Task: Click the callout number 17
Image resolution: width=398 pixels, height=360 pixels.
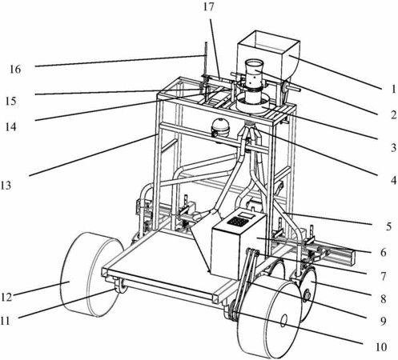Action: [209, 7]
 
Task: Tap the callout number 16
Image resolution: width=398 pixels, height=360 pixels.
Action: [15, 70]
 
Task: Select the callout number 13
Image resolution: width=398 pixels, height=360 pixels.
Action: [6, 185]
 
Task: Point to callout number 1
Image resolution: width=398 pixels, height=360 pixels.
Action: [393, 89]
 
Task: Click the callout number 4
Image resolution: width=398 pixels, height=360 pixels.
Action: [393, 181]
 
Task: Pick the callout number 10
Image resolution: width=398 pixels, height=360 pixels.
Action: [381, 347]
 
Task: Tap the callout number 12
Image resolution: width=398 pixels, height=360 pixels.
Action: [6, 297]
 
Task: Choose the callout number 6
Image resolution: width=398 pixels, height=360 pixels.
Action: [383, 252]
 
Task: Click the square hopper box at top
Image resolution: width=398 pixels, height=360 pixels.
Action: [268, 55]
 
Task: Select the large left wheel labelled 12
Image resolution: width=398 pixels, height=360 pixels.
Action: [90, 274]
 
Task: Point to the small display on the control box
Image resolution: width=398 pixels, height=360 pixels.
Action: [247, 214]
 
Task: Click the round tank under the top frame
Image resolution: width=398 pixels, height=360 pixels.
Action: [220, 129]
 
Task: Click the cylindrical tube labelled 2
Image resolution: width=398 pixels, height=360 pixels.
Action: [254, 80]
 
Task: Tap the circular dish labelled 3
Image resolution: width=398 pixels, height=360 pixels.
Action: [253, 104]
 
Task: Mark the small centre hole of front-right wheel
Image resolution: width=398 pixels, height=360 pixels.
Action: [284, 319]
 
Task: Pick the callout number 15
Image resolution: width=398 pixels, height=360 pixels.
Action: [10, 101]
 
